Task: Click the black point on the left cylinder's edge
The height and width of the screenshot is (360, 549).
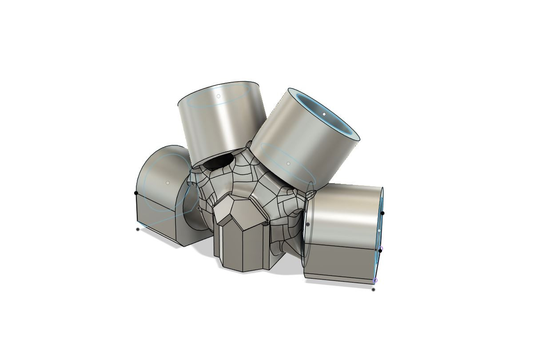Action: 136,193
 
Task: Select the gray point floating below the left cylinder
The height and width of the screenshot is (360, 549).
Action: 138,229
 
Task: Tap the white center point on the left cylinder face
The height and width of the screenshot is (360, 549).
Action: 167,183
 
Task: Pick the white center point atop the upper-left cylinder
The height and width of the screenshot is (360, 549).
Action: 218,96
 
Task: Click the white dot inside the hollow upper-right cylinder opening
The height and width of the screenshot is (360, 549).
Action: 324,114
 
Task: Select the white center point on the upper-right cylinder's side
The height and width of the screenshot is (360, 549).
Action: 288,164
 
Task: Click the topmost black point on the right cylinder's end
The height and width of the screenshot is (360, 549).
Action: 382,213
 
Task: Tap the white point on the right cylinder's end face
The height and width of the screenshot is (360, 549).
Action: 379,230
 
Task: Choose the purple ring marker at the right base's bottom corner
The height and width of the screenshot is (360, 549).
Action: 375,280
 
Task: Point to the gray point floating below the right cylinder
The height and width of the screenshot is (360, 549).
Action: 373,290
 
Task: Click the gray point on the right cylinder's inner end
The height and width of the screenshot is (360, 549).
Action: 307,224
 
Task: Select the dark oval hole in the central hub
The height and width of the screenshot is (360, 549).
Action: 219,162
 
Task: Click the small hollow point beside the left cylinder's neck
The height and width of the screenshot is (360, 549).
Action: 198,208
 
